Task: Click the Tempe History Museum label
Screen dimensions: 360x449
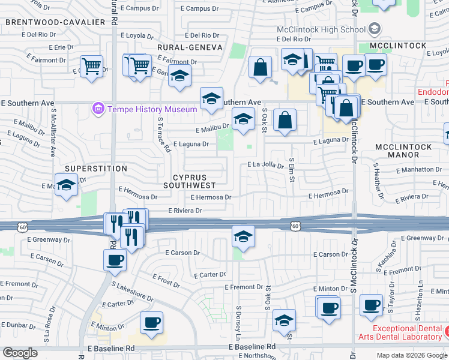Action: click(x=152, y=109)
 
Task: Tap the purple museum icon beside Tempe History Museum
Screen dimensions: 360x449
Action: click(x=97, y=109)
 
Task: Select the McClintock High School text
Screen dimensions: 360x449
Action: click(x=321, y=29)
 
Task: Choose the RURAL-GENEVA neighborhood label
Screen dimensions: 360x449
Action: click(x=190, y=47)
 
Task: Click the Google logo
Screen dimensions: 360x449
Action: click(x=20, y=353)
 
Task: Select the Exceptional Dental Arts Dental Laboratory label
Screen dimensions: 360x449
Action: click(x=406, y=332)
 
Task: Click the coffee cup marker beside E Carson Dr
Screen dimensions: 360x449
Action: click(x=115, y=260)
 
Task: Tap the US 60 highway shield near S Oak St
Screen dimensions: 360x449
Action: click(x=295, y=226)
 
